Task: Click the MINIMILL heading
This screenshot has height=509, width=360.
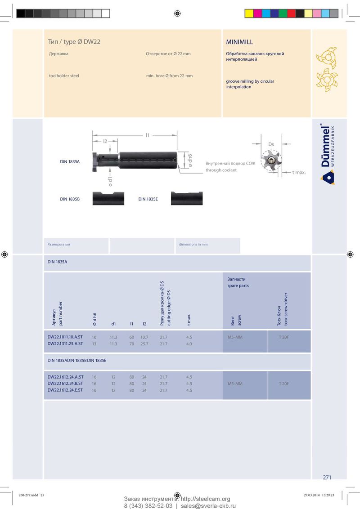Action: pyautogui.click(x=239, y=42)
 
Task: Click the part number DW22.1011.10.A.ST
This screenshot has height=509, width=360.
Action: pyautogui.click(x=65, y=337)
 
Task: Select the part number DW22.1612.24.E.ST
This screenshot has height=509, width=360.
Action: pyautogui.click(x=65, y=390)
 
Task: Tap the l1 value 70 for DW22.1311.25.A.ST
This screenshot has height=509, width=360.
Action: pyautogui.click(x=131, y=344)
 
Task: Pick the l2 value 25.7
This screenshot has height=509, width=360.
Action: pyautogui.click(x=144, y=344)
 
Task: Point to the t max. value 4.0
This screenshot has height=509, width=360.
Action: pyautogui.click(x=189, y=344)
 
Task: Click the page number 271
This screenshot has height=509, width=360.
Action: pyautogui.click(x=327, y=477)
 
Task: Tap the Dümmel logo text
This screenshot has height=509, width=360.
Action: pyautogui.click(x=325, y=146)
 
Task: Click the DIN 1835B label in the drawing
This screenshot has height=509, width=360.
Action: pyautogui.click(x=70, y=199)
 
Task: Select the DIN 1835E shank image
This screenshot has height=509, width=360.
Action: pyautogui.click(x=187, y=198)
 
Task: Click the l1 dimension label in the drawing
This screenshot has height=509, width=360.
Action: pyautogui.click(x=148, y=135)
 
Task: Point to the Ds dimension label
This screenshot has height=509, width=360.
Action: pyautogui.click(x=271, y=144)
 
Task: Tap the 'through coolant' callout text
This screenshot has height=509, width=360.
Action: pyautogui.click(x=221, y=170)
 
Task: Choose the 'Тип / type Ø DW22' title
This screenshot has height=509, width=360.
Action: pyautogui.click(x=74, y=42)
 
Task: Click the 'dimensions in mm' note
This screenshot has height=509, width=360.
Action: pyautogui.click(x=193, y=245)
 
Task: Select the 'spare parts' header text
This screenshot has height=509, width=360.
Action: pyautogui.click(x=238, y=286)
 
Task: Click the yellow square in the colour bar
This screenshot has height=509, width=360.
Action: pyautogui.click(x=249, y=13)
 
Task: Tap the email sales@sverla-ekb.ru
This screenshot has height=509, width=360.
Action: pyautogui.click(x=208, y=506)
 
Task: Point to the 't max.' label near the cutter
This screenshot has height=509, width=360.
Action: pyautogui.click(x=299, y=172)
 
